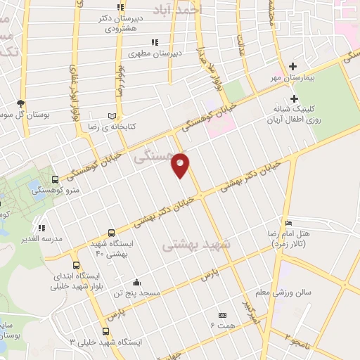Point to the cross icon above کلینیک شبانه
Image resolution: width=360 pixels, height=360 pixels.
click(294, 98)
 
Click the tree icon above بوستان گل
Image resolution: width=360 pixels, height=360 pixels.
click(21, 103)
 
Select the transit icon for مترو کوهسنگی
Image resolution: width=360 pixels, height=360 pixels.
click(55, 181)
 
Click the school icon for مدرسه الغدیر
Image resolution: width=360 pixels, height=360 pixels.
click(41, 228)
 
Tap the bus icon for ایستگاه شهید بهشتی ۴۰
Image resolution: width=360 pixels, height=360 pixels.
click(111, 233)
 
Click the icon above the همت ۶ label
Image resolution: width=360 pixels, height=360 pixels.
click(223, 315)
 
